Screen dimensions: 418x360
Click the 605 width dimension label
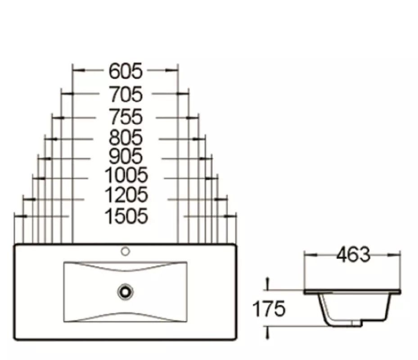coord(126,71)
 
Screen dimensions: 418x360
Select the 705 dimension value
coord(126,94)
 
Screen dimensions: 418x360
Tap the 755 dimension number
coord(126,117)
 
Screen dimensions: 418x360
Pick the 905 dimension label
coord(126,156)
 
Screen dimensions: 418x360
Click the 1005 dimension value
coord(126,175)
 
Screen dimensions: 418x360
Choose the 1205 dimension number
coord(126,195)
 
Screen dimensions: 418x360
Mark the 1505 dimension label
coord(126,216)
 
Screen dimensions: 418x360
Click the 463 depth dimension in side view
coord(353,255)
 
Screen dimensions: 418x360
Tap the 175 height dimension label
coord(269,309)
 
